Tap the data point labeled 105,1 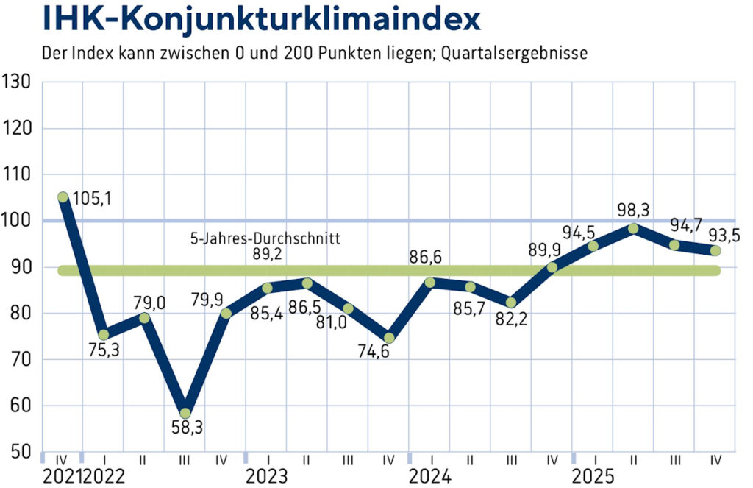click(x=63, y=197)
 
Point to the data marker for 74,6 click(x=389, y=338)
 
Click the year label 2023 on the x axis click(x=266, y=475)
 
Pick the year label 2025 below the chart click(x=593, y=475)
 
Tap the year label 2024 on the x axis click(x=429, y=475)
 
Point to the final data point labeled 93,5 click(x=715, y=250)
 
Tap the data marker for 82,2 click(x=511, y=303)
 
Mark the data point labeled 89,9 click(x=552, y=266)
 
